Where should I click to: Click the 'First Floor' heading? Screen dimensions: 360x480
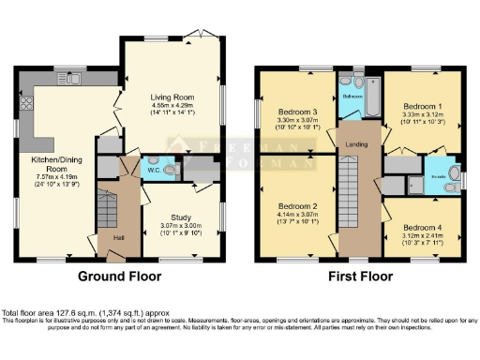tap(358, 277)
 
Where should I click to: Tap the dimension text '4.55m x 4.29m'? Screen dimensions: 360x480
tap(172, 105)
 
